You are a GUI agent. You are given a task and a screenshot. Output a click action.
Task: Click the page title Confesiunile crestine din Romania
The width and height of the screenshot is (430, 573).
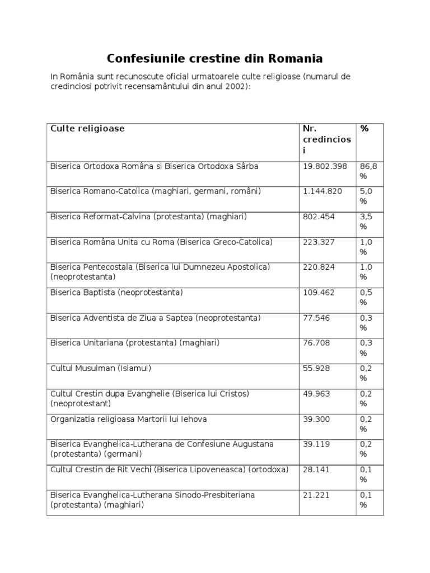click(x=214, y=58)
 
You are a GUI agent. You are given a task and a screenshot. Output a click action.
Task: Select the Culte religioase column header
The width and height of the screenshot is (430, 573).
click(x=87, y=129)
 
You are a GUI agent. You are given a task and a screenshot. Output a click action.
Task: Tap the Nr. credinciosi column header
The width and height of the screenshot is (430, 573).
click(x=326, y=139)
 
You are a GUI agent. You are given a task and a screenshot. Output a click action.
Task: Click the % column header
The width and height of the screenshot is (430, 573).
click(x=364, y=129)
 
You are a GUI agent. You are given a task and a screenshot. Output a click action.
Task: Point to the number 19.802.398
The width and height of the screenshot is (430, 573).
click(x=325, y=166)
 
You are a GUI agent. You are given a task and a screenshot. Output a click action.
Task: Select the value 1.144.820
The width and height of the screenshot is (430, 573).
click(x=322, y=191)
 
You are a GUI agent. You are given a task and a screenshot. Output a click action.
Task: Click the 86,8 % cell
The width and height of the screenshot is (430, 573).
click(x=367, y=171)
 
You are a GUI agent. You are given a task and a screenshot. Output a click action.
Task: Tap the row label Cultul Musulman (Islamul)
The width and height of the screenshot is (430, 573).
click(x=101, y=368)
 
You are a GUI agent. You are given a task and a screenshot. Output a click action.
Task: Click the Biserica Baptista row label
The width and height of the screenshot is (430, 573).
click(x=116, y=292)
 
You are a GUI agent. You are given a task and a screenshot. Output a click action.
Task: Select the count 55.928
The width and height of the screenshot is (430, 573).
click(x=316, y=368)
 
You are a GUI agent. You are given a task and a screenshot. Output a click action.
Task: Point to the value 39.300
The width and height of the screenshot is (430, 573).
click(x=316, y=419)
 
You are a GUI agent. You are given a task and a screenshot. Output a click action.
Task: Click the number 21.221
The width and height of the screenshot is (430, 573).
click(x=316, y=495)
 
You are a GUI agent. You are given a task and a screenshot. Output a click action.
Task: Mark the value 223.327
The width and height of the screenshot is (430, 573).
click(x=319, y=242)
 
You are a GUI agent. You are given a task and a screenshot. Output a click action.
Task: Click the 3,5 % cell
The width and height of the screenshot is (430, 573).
click(x=366, y=222)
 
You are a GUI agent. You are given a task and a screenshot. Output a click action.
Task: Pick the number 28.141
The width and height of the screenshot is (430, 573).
click(x=316, y=469)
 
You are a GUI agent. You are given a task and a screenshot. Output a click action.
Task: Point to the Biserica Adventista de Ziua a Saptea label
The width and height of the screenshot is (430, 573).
click(x=155, y=318)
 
